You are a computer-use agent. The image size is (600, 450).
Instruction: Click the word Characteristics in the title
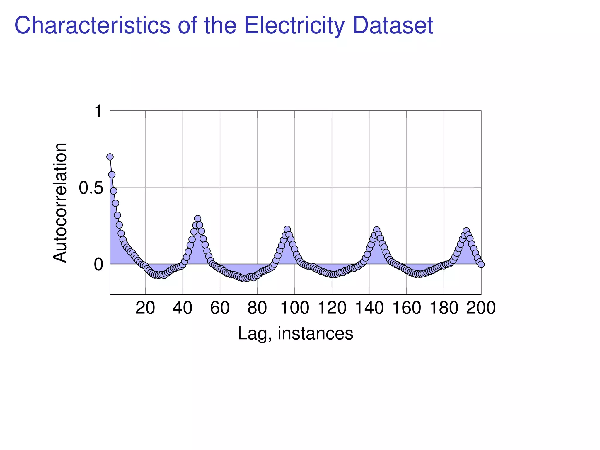tap(92, 25)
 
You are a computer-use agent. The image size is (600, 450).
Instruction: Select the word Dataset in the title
tap(393, 25)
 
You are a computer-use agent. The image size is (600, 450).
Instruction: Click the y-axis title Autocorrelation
tap(60, 203)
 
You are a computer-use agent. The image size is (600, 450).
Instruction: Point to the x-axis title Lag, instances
tap(295, 333)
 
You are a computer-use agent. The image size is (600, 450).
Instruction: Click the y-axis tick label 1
tap(98, 112)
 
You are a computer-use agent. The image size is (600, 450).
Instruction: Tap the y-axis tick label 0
tap(98, 265)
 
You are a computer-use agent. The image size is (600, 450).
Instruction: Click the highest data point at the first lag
tap(110, 157)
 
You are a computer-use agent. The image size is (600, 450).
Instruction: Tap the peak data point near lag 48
tap(198, 219)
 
